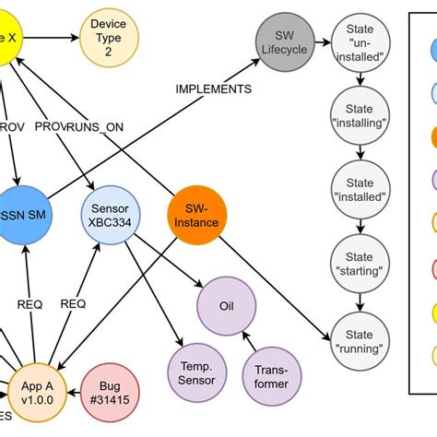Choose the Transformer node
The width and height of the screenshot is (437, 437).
tap(271, 376)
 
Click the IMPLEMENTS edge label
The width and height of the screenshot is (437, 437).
tap(214, 89)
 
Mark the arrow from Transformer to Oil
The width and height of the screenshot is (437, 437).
tap(248, 337)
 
